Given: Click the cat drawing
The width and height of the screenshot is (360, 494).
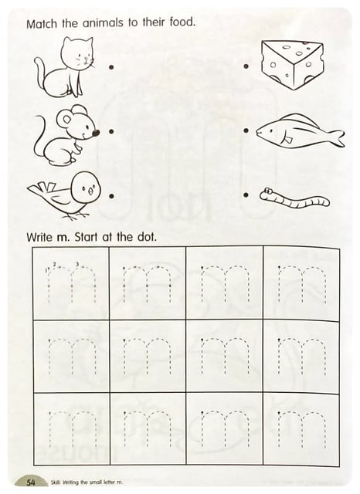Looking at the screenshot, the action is pos(65,68).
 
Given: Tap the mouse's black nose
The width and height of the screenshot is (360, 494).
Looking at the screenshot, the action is pos(96,134).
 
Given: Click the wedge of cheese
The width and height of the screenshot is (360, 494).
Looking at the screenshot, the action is pos(292,65).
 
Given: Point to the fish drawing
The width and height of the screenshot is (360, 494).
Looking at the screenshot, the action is pos(300,131).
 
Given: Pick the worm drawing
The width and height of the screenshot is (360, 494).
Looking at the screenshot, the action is pos(295,198).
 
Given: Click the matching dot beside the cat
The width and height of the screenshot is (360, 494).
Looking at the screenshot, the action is pos(111,67).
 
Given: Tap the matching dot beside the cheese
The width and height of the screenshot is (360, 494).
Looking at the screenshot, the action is pos(246,66).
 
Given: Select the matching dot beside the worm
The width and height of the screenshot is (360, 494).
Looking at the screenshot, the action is pos(246,195).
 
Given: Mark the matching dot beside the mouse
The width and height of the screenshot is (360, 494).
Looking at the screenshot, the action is pos(111,132).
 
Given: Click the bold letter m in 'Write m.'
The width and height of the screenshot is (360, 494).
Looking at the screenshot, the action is pos(62,238).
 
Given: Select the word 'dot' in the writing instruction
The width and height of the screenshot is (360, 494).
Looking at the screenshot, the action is pos(146,237).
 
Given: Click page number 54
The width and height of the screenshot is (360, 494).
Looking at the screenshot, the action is pos(31,482).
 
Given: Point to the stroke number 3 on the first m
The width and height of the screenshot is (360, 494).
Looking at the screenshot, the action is pos(77,263).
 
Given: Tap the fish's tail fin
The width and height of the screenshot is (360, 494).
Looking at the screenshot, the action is pos(337,137).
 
